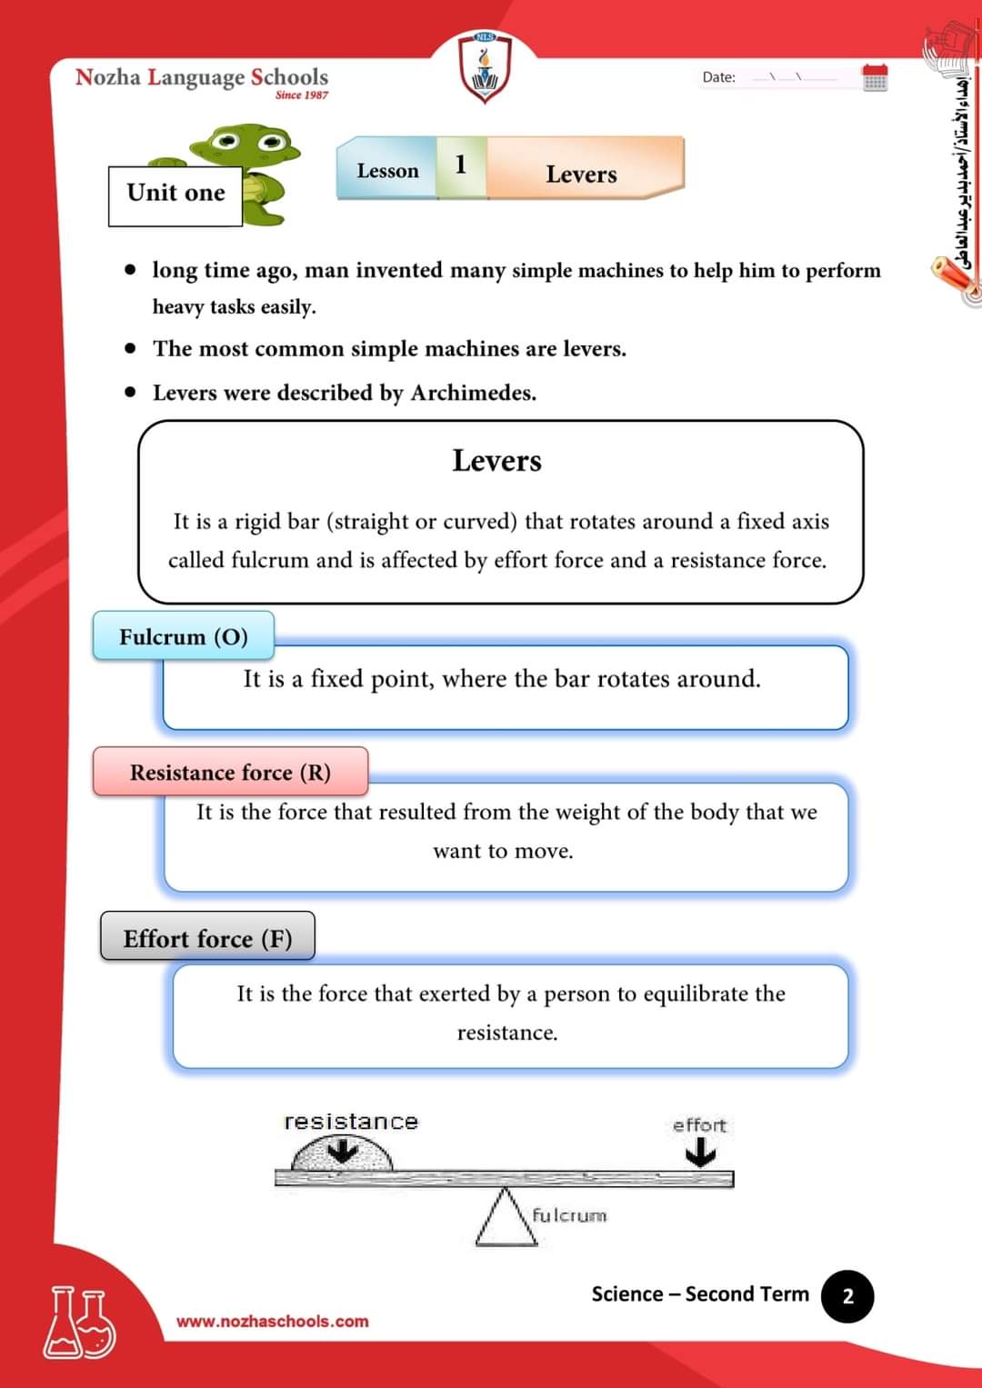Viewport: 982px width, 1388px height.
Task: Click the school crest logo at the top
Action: point(485,68)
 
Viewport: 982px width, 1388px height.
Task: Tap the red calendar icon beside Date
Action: point(875,77)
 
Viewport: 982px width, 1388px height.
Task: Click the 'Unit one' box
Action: point(175,195)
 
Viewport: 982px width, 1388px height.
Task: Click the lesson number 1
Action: point(460,165)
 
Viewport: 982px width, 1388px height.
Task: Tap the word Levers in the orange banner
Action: point(581,174)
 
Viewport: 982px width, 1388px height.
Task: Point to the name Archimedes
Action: point(473,393)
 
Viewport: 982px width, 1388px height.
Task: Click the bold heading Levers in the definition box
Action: point(496,461)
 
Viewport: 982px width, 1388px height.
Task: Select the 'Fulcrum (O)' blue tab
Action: point(184,636)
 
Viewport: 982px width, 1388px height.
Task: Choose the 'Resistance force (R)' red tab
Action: point(230,772)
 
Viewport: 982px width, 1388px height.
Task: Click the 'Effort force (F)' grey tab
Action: point(207,938)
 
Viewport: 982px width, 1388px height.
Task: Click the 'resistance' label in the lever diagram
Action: point(351,1122)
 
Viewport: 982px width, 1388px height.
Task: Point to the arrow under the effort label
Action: point(700,1153)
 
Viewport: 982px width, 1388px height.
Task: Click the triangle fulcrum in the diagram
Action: point(506,1220)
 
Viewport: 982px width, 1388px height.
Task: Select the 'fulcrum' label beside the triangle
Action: point(569,1215)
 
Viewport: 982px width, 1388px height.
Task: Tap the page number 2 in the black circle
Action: point(847,1295)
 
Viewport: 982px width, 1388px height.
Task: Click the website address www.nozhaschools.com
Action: point(272,1321)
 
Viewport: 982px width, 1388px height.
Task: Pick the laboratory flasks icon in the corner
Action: point(80,1323)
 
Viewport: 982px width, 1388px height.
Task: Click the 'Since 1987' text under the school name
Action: point(301,95)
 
